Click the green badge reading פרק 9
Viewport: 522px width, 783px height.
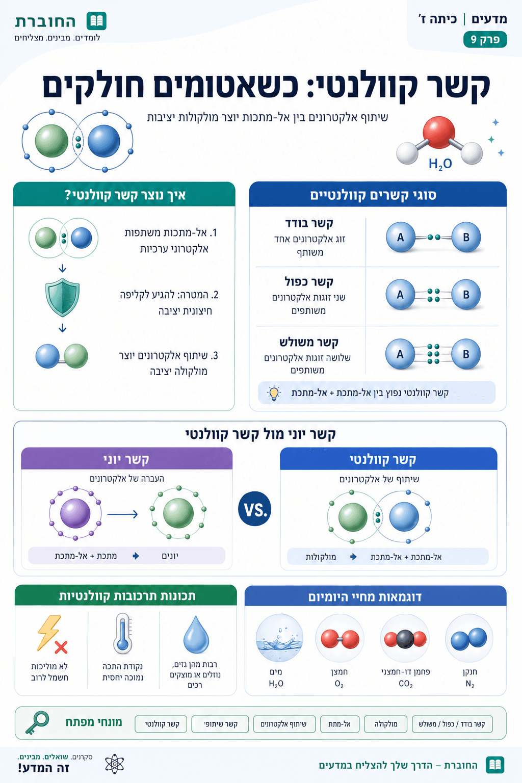pyautogui.click(x=485, y=39)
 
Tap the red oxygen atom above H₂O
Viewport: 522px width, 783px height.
pyautogui.click(x=439, y=132)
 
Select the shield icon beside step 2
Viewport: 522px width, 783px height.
pyautogui.click(x=62, y=297)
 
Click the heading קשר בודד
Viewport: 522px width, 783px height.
pyautogui.click(x=309, y=223)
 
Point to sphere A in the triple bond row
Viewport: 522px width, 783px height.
pyautogui.click(x=400, y=354)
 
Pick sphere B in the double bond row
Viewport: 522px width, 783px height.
pyautogui.click(x=466, y=294)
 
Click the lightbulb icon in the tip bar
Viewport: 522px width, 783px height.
pyautogui.click(x=274, y=393)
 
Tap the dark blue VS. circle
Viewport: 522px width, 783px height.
pyautogui.click(x=255, y=509)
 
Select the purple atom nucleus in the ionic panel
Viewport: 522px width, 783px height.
pyautogui.click(x=75, y=513)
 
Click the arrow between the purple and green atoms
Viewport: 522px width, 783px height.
pyautogui.click(x=122, y=514)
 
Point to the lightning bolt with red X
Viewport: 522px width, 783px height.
pyautogui.click(x=53, y=635)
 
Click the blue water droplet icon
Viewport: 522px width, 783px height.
pyautogui.click(x=196, y=635)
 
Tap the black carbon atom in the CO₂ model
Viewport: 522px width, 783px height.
pyautogui.click(x=405, y=639)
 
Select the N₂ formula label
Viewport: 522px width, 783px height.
pyautogui.click(x=470, y=684)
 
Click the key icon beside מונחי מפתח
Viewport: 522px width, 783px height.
pyautogui.click(x=37, y=722)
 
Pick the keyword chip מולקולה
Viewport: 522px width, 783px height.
pyautogui.click(x=386, y=724)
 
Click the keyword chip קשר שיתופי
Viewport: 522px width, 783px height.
pyautogui.click(x=220, y=724)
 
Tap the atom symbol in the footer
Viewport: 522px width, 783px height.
pyautogui.click(x=115, y=764)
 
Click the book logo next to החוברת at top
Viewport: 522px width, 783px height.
pyautogui.click(x=96, y=21)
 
